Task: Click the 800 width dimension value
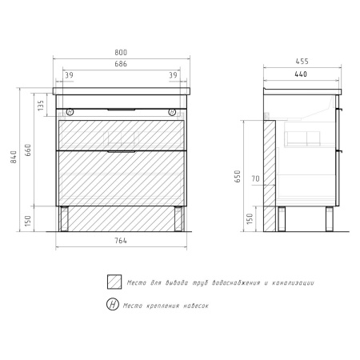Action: [121, 53]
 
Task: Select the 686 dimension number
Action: [121, 64]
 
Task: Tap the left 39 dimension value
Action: [69, 75]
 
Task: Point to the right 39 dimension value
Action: [173, 75]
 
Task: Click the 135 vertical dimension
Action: [41, 106]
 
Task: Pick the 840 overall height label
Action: [14, 157]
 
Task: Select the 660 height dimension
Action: [28, 150]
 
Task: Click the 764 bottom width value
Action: [121, 241]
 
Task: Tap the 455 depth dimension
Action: [302, 62]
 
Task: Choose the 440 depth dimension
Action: [301, 74]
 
